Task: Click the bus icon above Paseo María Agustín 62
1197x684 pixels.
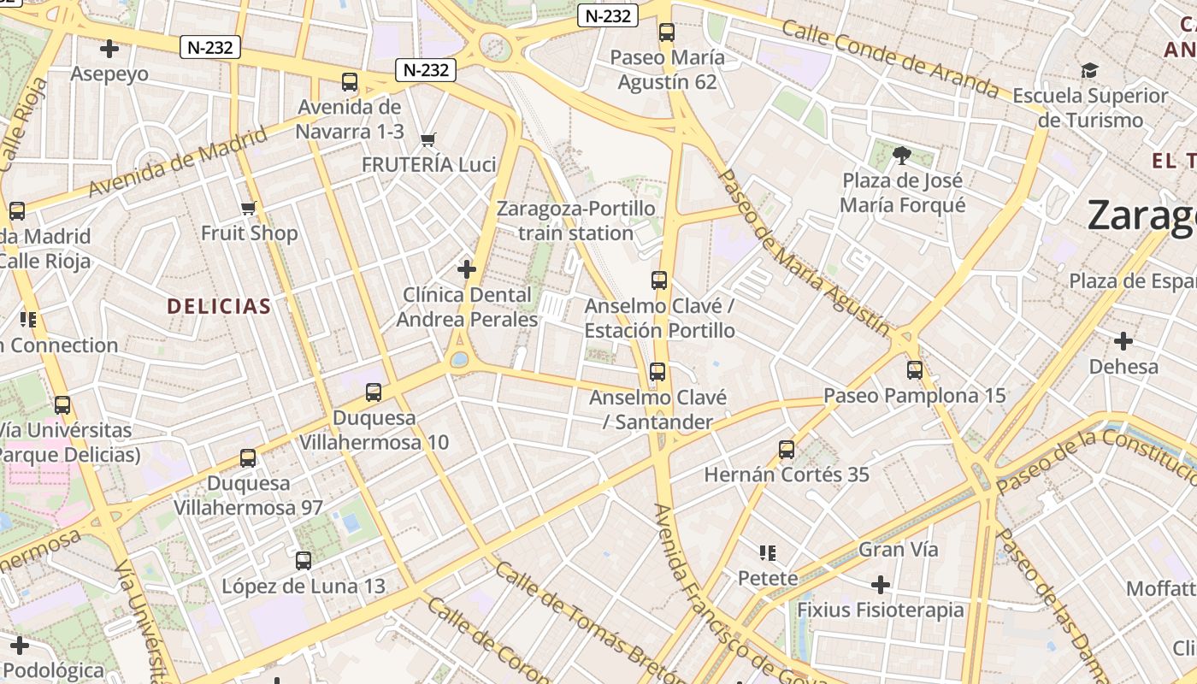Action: point(667,32)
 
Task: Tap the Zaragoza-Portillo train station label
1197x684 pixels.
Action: point(576,221)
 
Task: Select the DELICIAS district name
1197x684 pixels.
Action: point(219,306)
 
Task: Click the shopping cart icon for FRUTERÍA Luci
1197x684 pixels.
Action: point(428,139)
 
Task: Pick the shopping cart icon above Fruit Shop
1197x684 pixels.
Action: point(249,208)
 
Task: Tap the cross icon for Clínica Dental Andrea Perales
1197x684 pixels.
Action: point(467,270)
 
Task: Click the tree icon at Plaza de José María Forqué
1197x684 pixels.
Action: point(901,156)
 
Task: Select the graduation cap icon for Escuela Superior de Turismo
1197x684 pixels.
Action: point(1089,70)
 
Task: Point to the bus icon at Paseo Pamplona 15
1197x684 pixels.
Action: point(915,370)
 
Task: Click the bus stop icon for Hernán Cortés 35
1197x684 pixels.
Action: point(787,449)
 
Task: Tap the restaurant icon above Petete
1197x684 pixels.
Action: point(768,553)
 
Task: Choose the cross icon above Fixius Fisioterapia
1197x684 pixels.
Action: point(881,585)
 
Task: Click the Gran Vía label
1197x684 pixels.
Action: point(898,549)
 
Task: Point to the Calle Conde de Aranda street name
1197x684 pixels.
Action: point(889,58)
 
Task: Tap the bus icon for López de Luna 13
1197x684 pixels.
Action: point(304,561)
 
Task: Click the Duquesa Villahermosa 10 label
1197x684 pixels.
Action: point(374,430)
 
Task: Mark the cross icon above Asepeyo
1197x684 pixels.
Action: point(109,49)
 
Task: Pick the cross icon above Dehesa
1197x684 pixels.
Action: point(1123,342)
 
